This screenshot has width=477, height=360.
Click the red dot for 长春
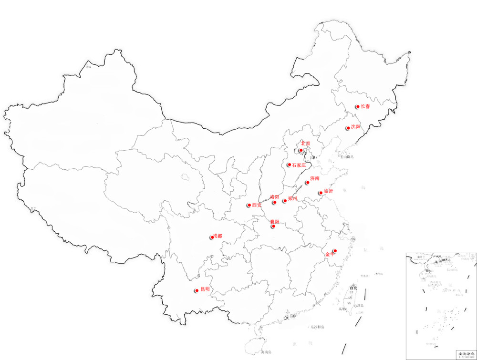coord(357,107)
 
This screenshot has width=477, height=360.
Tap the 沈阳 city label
coord(356,127)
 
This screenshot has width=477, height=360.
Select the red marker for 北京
coord(301,151)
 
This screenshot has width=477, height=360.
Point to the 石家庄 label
coord(299,165)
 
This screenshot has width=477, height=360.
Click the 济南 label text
coord(315,178)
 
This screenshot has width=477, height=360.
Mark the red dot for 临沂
coord(321,193)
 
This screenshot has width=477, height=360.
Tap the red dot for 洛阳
coord(275,203)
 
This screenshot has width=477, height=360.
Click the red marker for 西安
coord(249,206)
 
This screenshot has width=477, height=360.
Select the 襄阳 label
coord(275,222)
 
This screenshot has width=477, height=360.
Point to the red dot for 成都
coord(212,237)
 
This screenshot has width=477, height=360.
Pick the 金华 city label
coord(330,255)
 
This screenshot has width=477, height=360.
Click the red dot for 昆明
coord(197,290)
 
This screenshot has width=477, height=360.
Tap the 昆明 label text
coord(205,289)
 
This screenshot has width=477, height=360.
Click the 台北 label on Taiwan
coord(353,288)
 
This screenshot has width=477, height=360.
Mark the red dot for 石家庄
coord(289,165)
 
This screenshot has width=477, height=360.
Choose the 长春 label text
coord(365,106)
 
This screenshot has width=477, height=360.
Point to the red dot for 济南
coord(308,183)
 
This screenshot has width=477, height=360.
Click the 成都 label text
coord(218,236)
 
